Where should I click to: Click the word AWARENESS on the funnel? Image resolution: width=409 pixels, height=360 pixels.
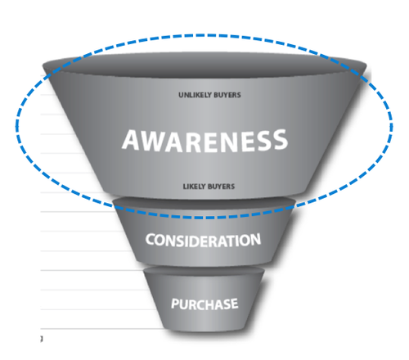pos(204,141)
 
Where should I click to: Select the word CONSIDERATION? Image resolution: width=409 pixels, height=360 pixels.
pos(203,241)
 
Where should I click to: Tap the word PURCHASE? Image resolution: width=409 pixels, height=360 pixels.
pos(204,304)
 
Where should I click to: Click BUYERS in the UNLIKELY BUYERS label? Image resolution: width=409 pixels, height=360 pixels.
pos(227,95)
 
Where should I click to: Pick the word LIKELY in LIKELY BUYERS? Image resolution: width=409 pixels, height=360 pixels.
pos(194,187)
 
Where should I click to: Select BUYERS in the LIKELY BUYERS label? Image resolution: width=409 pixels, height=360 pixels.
pos(221,187)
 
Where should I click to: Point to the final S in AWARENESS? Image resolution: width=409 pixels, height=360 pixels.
pos(280,140)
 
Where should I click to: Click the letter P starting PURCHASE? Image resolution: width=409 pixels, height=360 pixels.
pos(175,304)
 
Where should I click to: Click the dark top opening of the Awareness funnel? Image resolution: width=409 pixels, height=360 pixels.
pos(204,65)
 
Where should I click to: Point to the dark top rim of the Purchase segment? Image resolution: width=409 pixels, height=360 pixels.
pos(204,272)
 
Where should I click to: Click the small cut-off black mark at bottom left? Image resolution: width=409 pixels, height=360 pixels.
pos(42,339)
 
